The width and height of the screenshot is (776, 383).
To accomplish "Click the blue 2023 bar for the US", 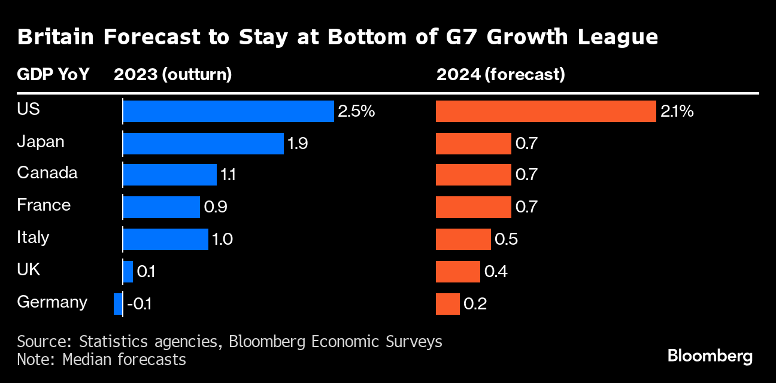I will pyautogui.click(x=228, y=111).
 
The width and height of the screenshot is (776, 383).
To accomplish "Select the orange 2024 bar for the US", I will pyautogui.click(x=545, y=111).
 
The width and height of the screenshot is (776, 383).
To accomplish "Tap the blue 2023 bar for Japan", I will pyautogui.click(x=203, y=144).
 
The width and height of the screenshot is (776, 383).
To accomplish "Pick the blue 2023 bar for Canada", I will pyautogui.click(x=169, y=175).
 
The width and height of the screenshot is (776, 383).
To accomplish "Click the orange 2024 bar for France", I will pyautogui.click(x=473, y=207).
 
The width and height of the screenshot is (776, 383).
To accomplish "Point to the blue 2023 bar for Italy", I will pyautogui.click(x=165, y=239).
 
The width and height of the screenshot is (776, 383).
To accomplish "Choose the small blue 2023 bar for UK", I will pyautogui.click(x=128, y=272).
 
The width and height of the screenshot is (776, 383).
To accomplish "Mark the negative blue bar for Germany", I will pyautogui.click(x=118, y=304).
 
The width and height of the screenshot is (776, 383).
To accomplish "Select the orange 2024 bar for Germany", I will pyautogui.click(x=447, y=304).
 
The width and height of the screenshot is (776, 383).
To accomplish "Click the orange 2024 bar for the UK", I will pyautogui.click(x=457, y=272).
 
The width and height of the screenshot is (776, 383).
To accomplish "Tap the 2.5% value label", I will pyautogui.click(x=356, y=111).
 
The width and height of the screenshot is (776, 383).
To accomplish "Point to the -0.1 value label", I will pyautogui.click(x=139, y=304).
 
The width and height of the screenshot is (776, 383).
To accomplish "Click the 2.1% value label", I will pyautogui.click(x=677, y=111).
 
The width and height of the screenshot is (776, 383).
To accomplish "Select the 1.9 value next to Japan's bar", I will pyautogui.click(x=298, y=144).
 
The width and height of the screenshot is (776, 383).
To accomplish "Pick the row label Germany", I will pyautogui.click(x=52, y=302).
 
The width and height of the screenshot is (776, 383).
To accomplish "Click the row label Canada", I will pyautogui.click(x=47, y=173).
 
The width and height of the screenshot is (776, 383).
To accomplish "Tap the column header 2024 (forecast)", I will pyautogui.click(x=501, y=75).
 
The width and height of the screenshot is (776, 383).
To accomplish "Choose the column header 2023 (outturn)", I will pyautogui.click(x=172, y=75).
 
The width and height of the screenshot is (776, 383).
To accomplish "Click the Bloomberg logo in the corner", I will pyautogui.click(x=710, y=357).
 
